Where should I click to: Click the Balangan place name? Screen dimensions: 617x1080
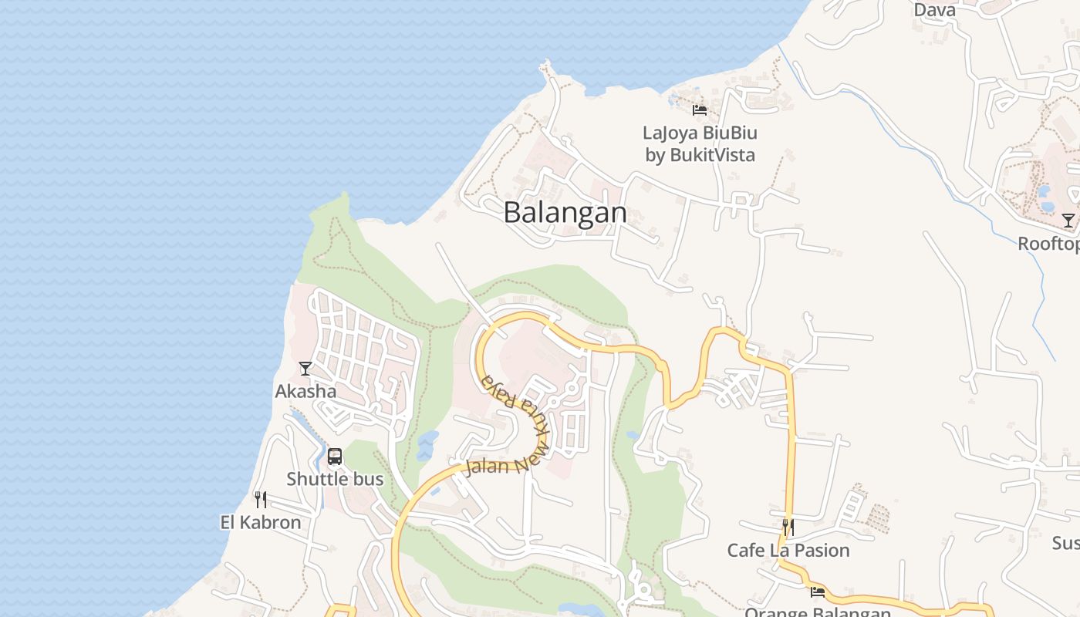click(565, 212)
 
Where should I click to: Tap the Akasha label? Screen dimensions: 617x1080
click(305, 391)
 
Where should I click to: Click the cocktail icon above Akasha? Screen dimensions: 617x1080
click(305, 368)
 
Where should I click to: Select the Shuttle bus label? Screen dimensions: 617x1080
click(335, 479)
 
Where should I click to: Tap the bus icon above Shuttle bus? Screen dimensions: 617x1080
click(334, 456)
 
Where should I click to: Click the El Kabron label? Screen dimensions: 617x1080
click(261, 522)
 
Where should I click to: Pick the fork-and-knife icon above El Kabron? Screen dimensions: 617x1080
click(261, 500)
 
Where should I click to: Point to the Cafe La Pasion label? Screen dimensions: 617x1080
click(788, 550)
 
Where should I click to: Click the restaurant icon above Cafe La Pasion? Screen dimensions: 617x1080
click(788, 528)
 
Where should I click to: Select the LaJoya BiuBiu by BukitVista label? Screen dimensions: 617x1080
click(700, 143)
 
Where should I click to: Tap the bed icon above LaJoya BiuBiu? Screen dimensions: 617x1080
click(700, 110)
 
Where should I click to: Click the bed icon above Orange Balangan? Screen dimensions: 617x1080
click(818, 592)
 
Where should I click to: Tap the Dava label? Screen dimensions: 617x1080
click(934, 9)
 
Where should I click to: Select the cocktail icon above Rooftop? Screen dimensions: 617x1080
click(1068, 221)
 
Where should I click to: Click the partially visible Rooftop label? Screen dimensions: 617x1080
click(1048, 244)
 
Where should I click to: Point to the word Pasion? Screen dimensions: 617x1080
click(822, 550)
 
